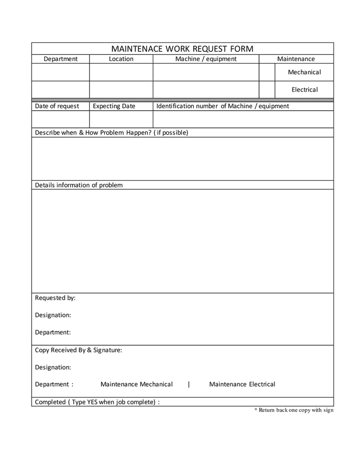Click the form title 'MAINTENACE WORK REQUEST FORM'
click(182, 49)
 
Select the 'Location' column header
click(121, 59)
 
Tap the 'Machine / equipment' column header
click(206, 59)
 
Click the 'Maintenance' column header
click(296, 59)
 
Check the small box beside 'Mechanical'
click(267, 72)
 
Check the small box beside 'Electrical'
click(267, 90)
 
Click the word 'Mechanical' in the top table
click(304, 72)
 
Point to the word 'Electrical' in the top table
click(304, 90)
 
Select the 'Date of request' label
click(57, 106)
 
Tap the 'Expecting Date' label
click(114, 106)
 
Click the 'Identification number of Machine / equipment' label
click(223, 106)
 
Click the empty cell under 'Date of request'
click(61, 119)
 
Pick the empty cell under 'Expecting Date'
click(121, 119)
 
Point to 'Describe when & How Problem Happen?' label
click(111, 133)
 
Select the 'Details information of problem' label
click(79, 185)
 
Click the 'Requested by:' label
click(55, 298)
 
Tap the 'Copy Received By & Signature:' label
click(79, 350)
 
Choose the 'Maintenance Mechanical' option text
click(137, 384)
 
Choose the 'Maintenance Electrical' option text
click(242, 384)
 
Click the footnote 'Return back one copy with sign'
click(295, 410)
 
